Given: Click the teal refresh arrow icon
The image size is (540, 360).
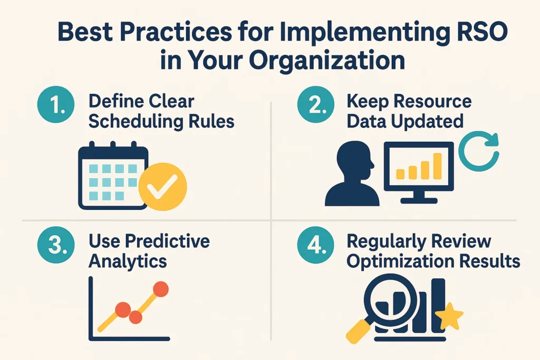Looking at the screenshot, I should pos(478,150).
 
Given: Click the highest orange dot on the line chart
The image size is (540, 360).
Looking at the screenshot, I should pos(160,289).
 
